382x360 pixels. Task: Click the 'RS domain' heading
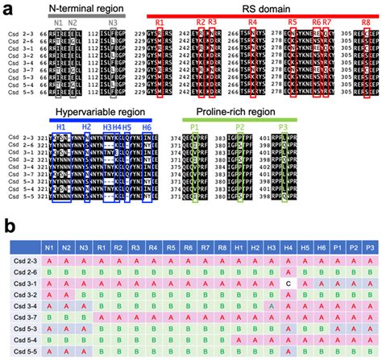(260, 6)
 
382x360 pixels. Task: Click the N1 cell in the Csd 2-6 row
(50, 273)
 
